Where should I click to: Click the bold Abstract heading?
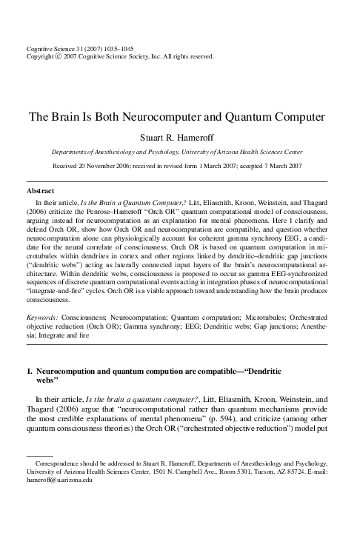click(x=39, y=191)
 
